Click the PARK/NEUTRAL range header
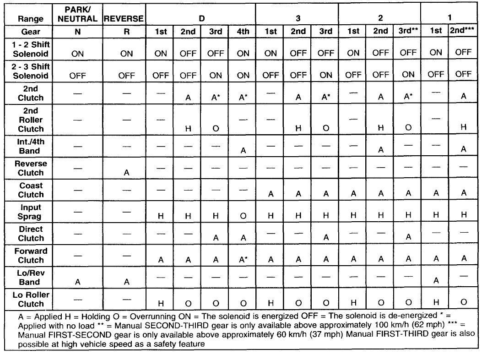click(77, 15)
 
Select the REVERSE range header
click(124, 19)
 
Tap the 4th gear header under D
click(243, 32)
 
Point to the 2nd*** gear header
click(463, 32)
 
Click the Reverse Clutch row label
click(31, 168)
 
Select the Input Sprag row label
click(31, 212)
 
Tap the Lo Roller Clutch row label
click(31, 299)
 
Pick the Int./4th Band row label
click(31, 146)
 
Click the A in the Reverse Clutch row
click(126, 173)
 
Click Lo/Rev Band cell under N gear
click(77, 282)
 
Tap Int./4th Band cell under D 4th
click(243, 151)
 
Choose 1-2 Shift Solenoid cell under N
click(77, 53)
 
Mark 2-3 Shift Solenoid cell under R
click(126, 76)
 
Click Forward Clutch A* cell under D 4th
click(244, 260)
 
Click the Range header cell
click(31, 19)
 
